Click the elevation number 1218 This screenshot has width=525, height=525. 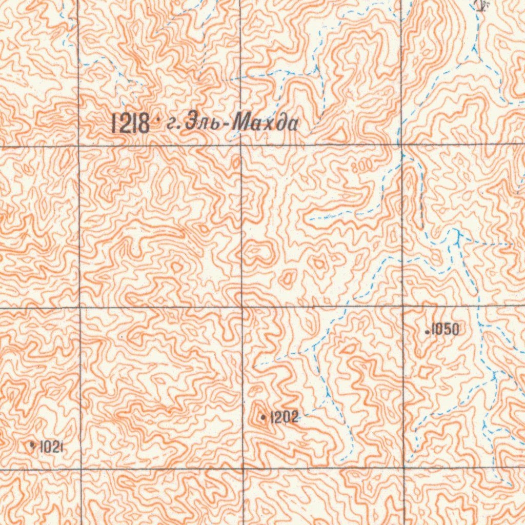coord(131,124)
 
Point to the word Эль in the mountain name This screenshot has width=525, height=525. coord(205,124)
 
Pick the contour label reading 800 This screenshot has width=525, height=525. coord(363,167)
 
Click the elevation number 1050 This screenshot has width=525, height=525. coord(445,330)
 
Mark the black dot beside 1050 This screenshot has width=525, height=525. coord(428,332)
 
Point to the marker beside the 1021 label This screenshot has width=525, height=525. coord(33,446)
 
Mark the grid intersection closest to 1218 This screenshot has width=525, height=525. coord(78,146)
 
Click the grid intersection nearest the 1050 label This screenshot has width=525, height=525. coord(402,307)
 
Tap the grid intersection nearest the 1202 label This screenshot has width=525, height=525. coord(242,468)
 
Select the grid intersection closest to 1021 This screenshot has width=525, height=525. coord(80,469)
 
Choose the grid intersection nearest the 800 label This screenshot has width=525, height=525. coord(401,145)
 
